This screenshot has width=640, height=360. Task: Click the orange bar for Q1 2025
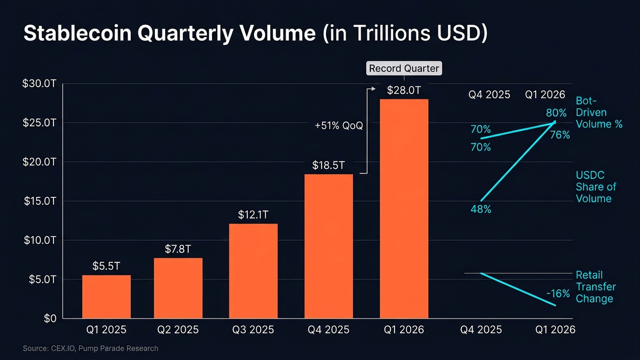coord(106,296)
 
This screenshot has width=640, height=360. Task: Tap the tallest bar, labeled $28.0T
coord(404,208)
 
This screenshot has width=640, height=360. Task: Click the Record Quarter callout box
coord(404,69)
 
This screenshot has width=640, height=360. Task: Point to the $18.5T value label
coord(328,165)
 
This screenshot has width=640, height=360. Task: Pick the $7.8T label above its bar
coord(178,249)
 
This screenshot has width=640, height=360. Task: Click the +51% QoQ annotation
coord(339,126)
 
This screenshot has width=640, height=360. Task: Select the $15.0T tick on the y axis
coord(40,201)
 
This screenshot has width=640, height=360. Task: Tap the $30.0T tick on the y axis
coord(40,84)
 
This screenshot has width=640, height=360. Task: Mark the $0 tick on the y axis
coord(50,318)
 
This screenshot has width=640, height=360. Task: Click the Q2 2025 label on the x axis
coord(178,329)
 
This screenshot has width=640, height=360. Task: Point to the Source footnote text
coord(91,349)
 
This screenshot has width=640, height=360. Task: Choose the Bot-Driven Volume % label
coord(598,112)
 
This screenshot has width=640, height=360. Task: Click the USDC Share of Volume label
coord(596,187)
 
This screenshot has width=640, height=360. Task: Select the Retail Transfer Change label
coord(596,287)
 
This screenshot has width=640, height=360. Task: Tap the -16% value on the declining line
coord(558,294)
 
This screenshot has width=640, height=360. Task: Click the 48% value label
coord(481,209)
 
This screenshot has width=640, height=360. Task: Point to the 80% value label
coord(556,113)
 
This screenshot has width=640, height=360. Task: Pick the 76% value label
coord(560,135)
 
